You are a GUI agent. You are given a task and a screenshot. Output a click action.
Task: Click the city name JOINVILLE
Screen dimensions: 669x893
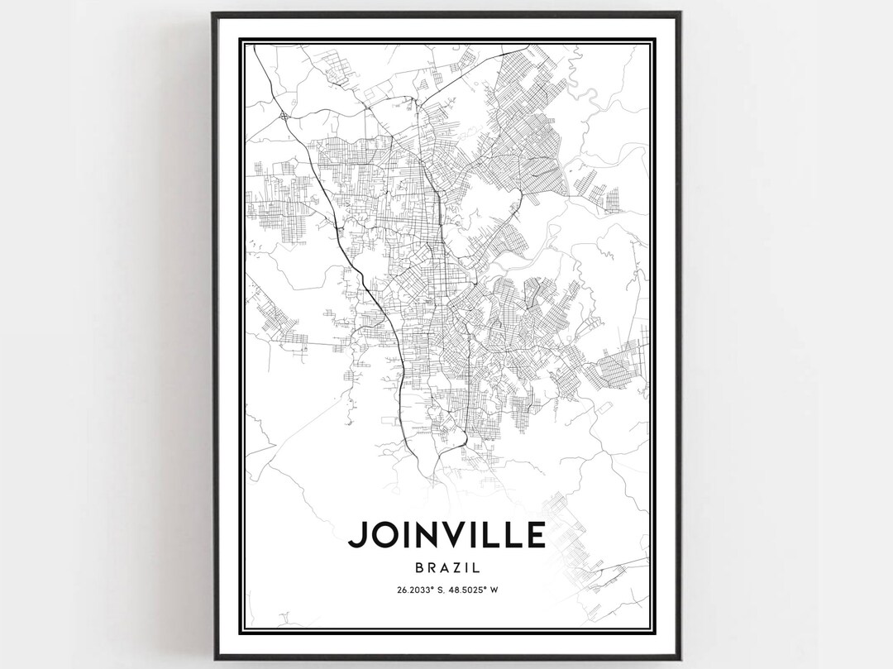[446, 535]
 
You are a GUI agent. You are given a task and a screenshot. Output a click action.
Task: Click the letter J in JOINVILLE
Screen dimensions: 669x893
[356, 535]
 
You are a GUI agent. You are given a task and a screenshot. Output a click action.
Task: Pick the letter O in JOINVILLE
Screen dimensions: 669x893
[380, 535]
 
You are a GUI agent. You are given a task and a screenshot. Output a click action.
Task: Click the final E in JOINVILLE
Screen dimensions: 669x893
[535, 535]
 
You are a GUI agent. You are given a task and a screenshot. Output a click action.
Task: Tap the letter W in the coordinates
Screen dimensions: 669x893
[502, 590]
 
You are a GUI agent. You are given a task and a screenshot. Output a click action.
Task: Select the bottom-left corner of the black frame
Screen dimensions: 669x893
[213, 658]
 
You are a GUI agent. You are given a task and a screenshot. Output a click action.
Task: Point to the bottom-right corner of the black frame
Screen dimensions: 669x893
[680, 658]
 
